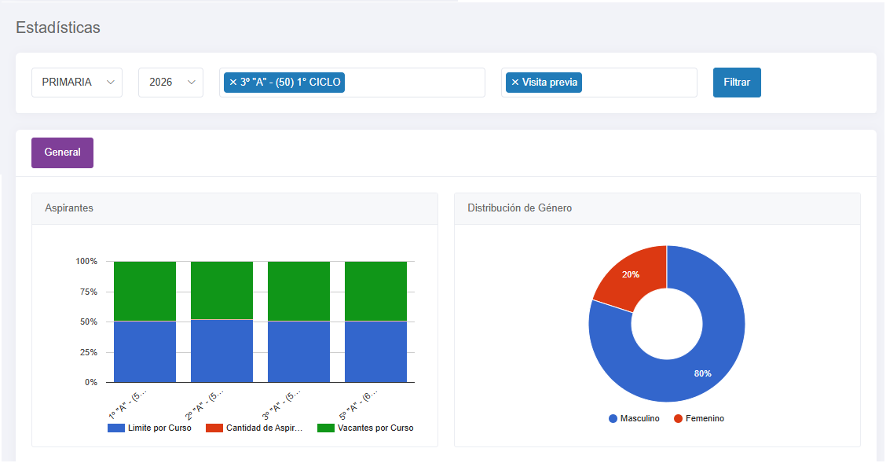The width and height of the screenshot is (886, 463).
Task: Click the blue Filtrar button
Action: pos(737,83)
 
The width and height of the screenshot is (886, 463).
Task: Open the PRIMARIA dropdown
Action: pos(77,83)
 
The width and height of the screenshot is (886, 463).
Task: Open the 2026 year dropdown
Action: pos(170,83)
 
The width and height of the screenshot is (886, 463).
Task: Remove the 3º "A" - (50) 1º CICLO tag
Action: pos(232,83)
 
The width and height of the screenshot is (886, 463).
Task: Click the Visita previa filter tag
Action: pos(544,83)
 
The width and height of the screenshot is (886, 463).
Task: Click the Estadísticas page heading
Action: pos(58,28)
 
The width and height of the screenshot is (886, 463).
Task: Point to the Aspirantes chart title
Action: pos(69,208)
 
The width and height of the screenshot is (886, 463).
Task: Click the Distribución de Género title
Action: pos(519,208)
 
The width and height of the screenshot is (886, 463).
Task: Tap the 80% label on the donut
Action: pos(702,373)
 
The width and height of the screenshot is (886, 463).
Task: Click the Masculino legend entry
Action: pos(634,418)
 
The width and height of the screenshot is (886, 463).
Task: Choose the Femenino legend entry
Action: pos(699,418)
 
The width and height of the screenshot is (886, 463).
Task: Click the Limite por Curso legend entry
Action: pos(150,428)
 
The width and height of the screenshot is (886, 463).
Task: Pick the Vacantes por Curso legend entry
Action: pos(365,428)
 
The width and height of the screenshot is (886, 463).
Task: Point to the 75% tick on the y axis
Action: pos(89,292)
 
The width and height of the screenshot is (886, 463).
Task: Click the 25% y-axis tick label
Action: pos(89,352)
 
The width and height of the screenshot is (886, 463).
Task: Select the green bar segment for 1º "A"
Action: pos(145,291)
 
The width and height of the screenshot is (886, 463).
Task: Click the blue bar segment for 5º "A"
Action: pos(375,351)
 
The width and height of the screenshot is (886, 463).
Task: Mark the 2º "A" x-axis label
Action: pos(204,403)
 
